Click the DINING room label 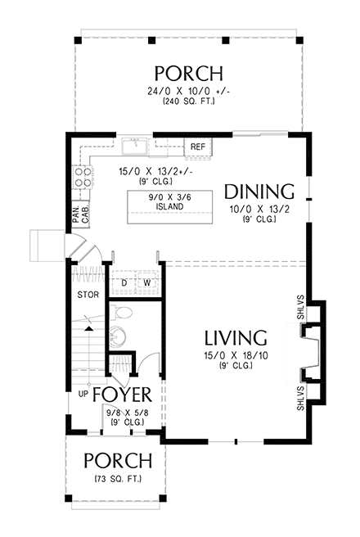(x=259, y=192)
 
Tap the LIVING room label (x=236, y=337)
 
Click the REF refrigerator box (x=198, y=147)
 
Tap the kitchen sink (x=134, y=147)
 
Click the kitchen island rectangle (x=166, y=202)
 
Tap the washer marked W (x=147, y=284)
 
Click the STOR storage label (x=87, y=293)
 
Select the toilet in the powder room (x=121, y=314)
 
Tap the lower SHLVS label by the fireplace (x=301, y=398)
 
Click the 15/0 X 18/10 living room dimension (x=236, y=357)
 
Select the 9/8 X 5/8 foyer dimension (x=124, y=413)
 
